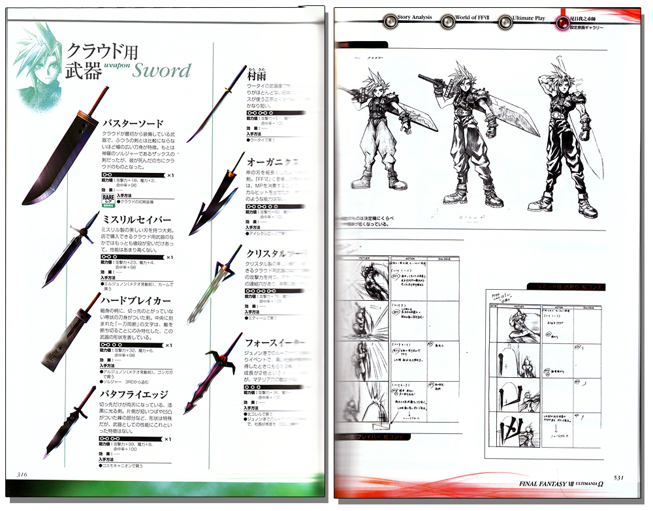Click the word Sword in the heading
[x=162, y=70]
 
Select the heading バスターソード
[x=133, y=123]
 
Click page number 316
[x=22, y=474]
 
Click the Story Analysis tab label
[x=414, y=17]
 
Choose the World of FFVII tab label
[x=475, y=17]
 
